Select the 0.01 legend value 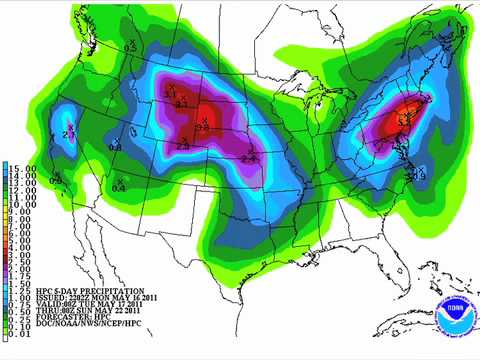[21, 346]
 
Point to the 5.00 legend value [21, 241]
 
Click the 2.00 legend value [21, 271]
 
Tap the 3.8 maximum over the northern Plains [202, 127]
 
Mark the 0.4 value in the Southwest [119, 187]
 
